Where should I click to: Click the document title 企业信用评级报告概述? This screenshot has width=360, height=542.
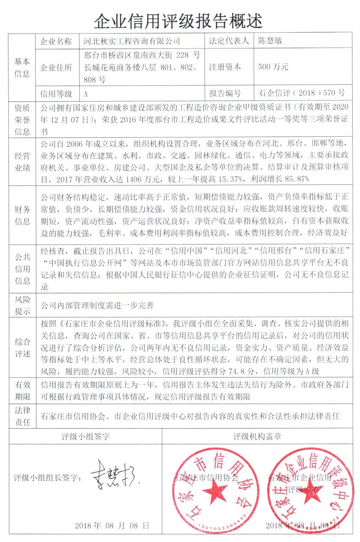[x=178, y=21]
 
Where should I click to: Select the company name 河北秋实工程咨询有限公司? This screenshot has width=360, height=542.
[x=132, y=41]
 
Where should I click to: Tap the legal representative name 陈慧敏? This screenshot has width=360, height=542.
[x=270, y=41]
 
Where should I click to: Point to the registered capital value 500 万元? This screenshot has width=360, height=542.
[x=273, y=67]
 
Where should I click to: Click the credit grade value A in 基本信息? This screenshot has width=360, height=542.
[x=86, y=93]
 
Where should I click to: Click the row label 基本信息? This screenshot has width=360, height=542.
[x=22, y=68]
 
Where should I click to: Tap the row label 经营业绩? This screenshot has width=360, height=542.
[x=22, y=162]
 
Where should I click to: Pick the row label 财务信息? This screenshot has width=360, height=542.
[x=22, y=215]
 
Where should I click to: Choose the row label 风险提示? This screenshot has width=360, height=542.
[x=22, y=305]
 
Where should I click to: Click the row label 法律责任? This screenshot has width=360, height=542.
[x=22, y=416]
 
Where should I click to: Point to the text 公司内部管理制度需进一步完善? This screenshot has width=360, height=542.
[x=97, y=305]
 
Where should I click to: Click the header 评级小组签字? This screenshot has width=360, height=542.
[x=86, y=436]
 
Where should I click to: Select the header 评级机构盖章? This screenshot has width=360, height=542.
[x=257, y=436]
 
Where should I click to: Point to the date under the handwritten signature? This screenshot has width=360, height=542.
[x=112, y=525]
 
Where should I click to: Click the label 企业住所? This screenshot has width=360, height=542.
[x=56, y=68]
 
